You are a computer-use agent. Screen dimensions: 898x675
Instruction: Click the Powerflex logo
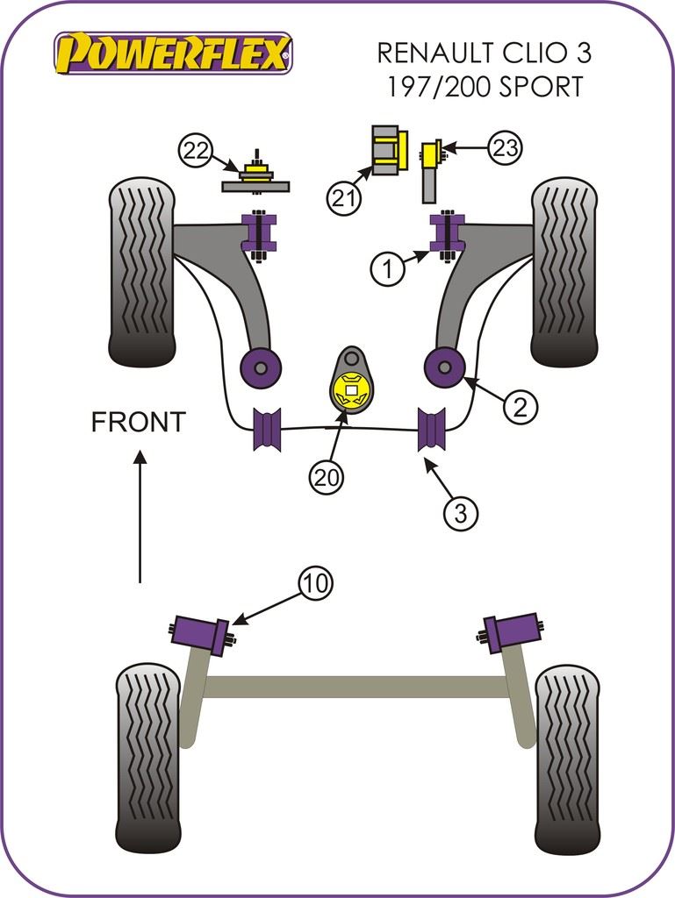pyautogui.click(x=172, y=53)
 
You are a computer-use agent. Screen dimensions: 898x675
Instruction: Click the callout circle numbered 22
pyautogui.click(x=196, y=151)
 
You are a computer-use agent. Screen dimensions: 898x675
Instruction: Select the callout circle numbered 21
pyautogui.click(x=345, y=197)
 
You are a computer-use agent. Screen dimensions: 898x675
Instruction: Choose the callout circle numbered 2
pyautogui.click(x=519, y=406)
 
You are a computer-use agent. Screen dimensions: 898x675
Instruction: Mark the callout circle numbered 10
pyautogui.click(x=316, y=583)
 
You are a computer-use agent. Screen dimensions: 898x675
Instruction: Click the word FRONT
pyautogui.click(x=139, y=422)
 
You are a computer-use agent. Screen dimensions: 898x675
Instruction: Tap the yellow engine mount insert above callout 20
pyautogui.click(x=352, y=390)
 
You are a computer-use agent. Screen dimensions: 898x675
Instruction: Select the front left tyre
pyautogui.click(x=142, y=272)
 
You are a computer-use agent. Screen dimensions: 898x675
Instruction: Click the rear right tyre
pyautogui.click(x=566, y=759)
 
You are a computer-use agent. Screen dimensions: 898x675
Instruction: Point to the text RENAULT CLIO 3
pyautogui.click(x=484, y=53)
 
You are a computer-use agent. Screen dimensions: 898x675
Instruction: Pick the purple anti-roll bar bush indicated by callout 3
pyautogui.click(x=432, y=430)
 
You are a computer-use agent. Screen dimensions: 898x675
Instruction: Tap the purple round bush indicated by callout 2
pyautogui.click(x=444, y=366)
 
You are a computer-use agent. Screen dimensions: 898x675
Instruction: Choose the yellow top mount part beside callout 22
pyautogui.click(x=255, y=170)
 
